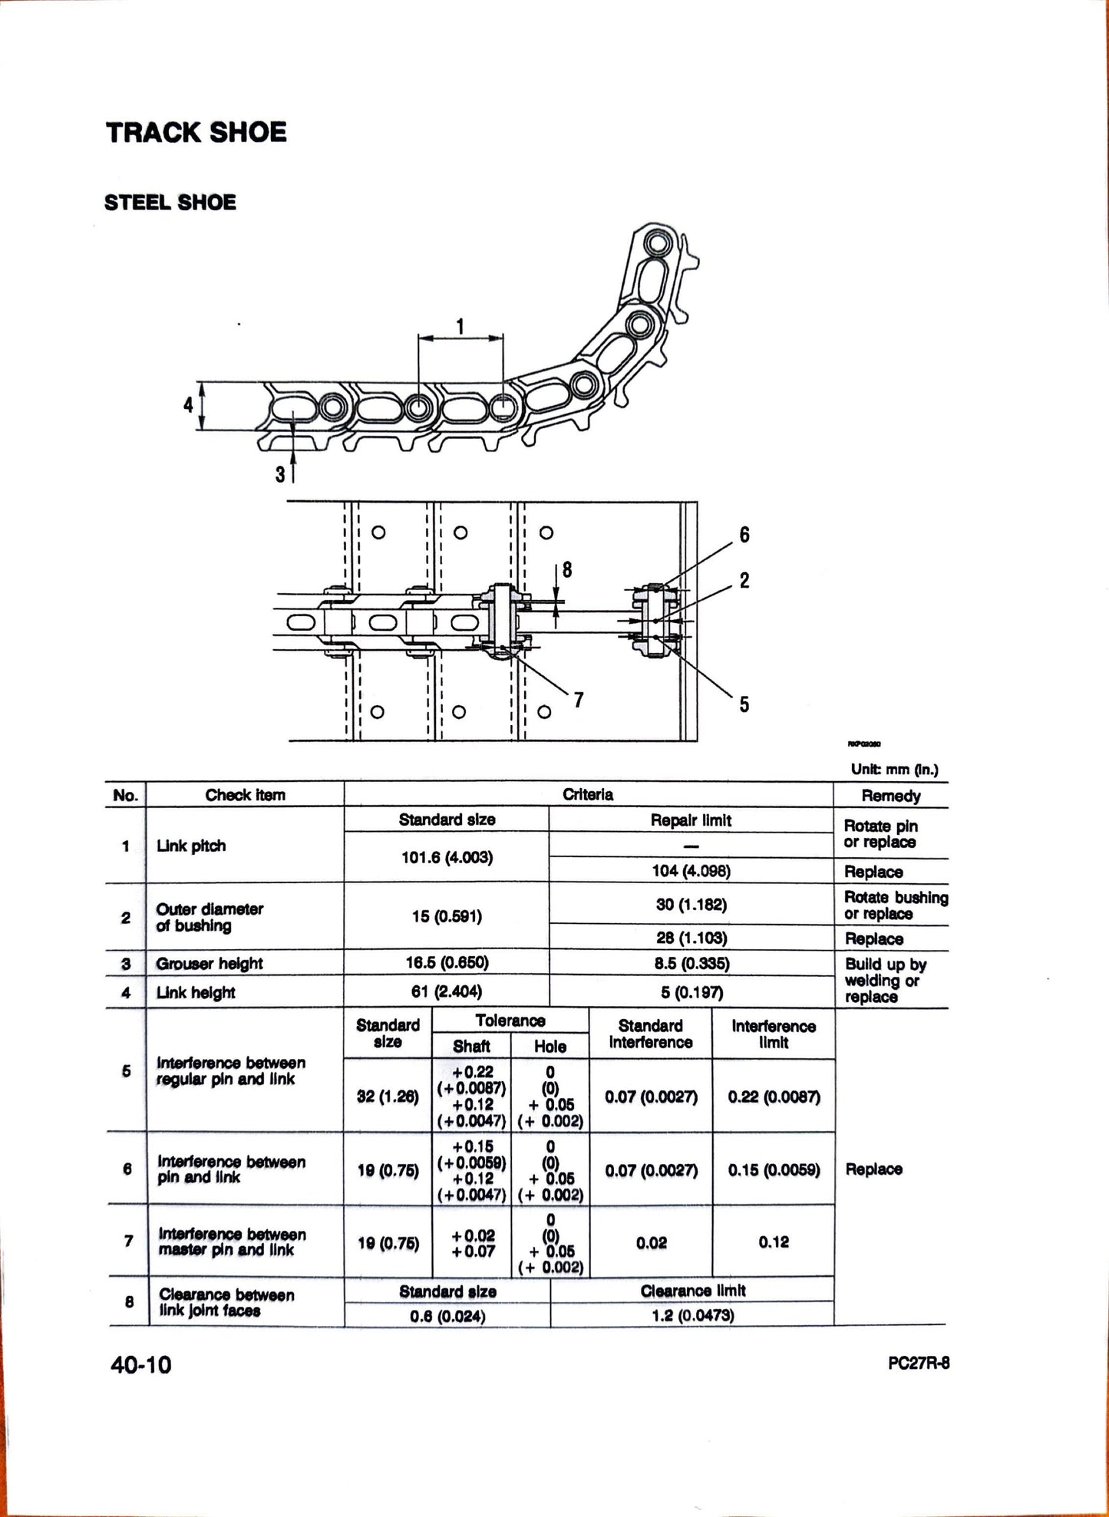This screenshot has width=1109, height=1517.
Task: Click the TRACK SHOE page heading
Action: click(196, 132)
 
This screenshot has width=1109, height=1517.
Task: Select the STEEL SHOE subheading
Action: click(170, 203)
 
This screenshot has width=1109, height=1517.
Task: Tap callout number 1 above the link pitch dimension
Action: click(460, 327)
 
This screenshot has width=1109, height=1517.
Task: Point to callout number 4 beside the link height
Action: click(188, 404)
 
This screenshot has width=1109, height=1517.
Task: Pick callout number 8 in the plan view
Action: click(567, 569)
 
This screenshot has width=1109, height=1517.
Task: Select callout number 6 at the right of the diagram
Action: click(744, 534)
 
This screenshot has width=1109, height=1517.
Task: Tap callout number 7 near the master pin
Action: click(579, 699)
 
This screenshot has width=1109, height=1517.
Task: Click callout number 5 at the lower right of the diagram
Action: click(744, 704)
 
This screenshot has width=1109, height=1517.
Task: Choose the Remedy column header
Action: click(890, 796)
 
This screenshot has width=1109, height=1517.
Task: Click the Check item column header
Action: click(245, 795)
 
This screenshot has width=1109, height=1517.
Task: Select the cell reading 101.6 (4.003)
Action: click(447, 857)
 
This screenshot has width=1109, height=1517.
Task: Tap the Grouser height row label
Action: click(209, 964)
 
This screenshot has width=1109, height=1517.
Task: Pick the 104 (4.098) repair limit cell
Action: click(691, 871)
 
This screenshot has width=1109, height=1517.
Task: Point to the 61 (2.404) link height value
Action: click(447, 992)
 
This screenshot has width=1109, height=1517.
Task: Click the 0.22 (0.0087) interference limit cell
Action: click(774, 1097)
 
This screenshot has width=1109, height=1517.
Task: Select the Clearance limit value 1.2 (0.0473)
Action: click(692, 1315)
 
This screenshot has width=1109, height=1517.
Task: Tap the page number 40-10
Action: click(141, 1365)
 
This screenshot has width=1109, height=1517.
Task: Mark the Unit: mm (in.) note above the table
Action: click(894, 769)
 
